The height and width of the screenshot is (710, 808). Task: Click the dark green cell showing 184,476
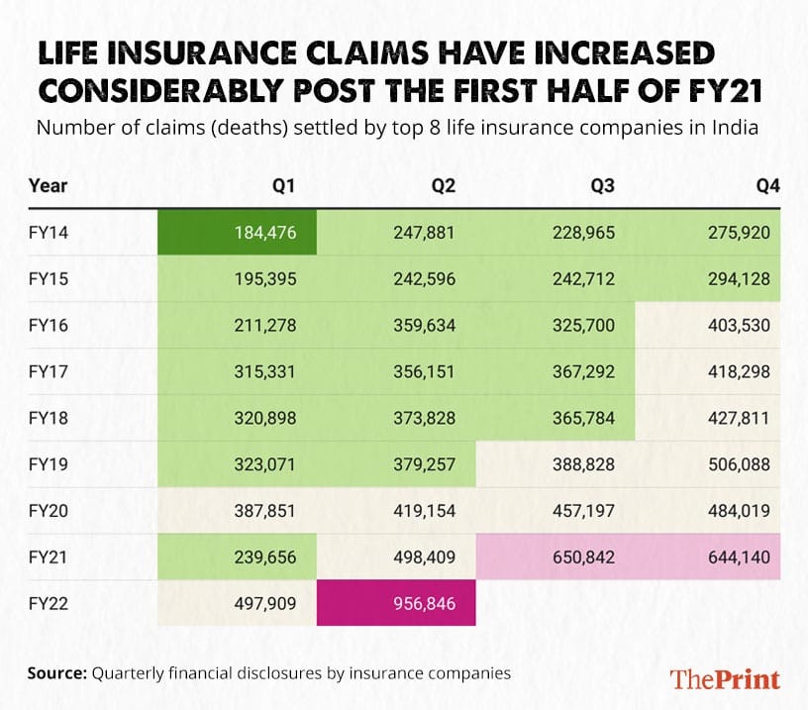[x=238, y=233]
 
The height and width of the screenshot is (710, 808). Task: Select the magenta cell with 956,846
[x=396, y=602]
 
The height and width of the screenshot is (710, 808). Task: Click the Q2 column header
[x=443, y=185]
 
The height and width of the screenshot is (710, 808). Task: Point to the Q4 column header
[x=767, y=185]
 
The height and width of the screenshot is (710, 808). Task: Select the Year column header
[x=49, y=185]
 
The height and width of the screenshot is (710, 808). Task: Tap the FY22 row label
[x=46, y=602]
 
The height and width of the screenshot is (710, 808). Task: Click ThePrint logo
[x=725, y=678]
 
